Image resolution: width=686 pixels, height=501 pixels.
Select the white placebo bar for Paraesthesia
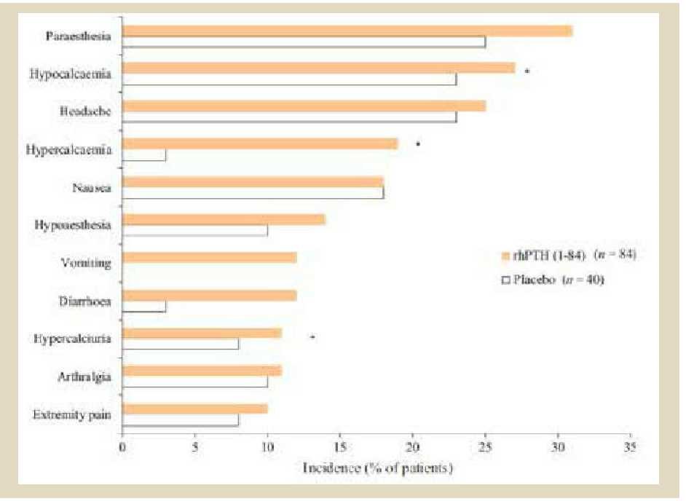304,42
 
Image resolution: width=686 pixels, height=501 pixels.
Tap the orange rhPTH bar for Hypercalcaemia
260,143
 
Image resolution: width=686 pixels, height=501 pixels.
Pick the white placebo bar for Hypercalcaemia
144,155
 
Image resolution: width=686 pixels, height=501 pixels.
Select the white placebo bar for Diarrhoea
144,306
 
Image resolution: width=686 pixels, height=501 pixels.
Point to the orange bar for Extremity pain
195,409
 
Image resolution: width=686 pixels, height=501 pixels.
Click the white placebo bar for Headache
289,117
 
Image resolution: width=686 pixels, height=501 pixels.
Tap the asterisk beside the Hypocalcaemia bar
527,71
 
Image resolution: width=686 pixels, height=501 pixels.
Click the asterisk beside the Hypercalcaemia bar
418,145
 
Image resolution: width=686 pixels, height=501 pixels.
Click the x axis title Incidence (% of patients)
377,468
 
